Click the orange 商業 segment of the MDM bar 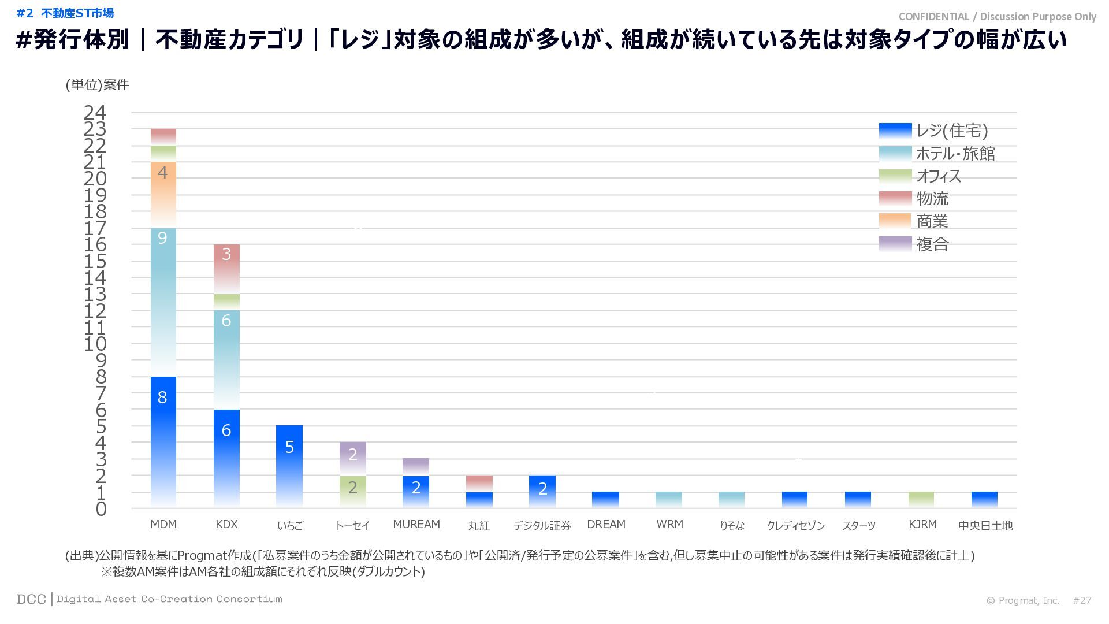(x=163, y=194)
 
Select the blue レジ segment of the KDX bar (x=226, y=458)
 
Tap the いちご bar (x=289, y=466)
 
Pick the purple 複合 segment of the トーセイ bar (x=353, y=459)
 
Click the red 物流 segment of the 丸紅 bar (x=479, y=483)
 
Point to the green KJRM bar (x=921, y=500)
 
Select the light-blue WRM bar (x=669, y=500)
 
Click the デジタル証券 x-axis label (x=542, y=525)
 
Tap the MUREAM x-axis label (x=416, y=524)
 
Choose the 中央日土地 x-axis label (x=985, y=525)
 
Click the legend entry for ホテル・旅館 (x=955, y=154)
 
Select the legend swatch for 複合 (x=895, y=244)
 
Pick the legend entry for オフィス (x=939, y=176)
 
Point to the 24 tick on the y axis (x=95, y=112)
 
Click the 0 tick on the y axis (x=101, y=509)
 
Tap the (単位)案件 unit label (x=97, y=85)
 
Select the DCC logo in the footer (x=32, y=599)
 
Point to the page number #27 (x=1082, y=600)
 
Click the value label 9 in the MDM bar (x=162, y=238)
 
